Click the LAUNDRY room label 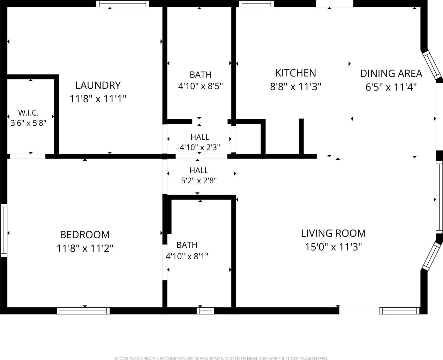(x=98, y=85)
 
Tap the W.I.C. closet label (x=28, y=113)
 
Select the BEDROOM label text (x=85, y=235)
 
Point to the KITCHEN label (x=296, y=73)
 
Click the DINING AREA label (x=391, y=74)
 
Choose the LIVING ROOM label (x=334, y=233)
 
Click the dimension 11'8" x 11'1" (x=98, y=99)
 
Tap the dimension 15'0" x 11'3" (x=334, y=247)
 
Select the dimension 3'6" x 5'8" (x=28, y=123)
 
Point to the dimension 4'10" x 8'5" (x=200, y=86)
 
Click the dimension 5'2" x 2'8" (x=199, y=180)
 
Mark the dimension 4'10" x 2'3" (x=200, y=147)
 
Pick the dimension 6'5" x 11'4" (x=391, y=87)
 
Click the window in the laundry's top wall (x=123, y=4)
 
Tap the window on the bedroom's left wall (x=4, y=230)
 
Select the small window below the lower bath (x=205, y=311)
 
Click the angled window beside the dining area (x=432, y=65)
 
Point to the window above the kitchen (x=256, y=4)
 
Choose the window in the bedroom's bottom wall (x=83, y=311)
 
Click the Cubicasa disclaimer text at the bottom (x=221, y=358)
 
